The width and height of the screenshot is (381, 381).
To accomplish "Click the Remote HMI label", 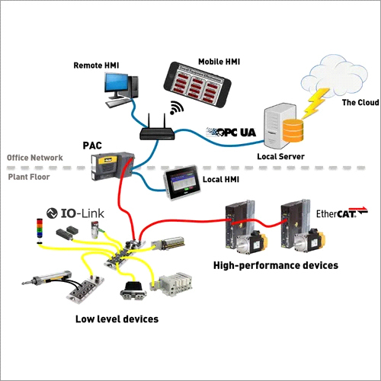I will (98, 66).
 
